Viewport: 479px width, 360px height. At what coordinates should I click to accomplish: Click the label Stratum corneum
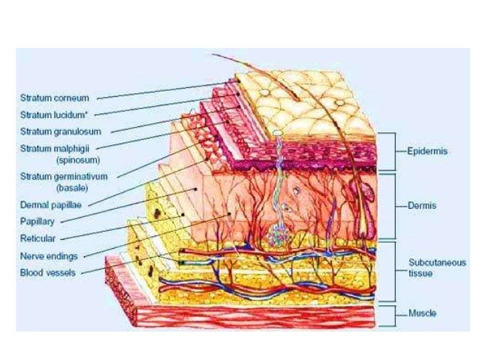tap(55, 98)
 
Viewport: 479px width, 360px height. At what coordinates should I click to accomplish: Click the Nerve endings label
tap(48, 256)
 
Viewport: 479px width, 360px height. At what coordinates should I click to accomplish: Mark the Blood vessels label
tap(48, 272)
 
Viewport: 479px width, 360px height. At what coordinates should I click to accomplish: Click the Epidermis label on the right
tap(427, 152)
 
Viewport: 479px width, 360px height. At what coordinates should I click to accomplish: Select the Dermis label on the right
tap(423, 204)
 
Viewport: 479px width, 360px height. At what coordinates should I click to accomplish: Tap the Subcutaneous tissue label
tap(436, 268)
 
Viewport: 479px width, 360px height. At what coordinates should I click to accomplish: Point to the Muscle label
tap(423, 313)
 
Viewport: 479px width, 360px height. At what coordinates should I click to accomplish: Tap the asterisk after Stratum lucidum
tap(92, 113)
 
